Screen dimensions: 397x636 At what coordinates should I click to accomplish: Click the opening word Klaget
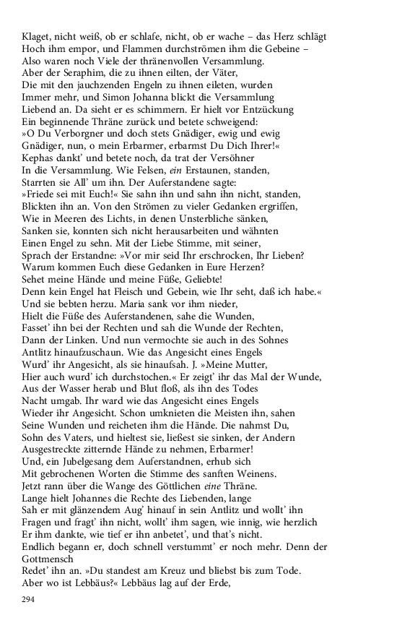(x=36, y=35)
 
